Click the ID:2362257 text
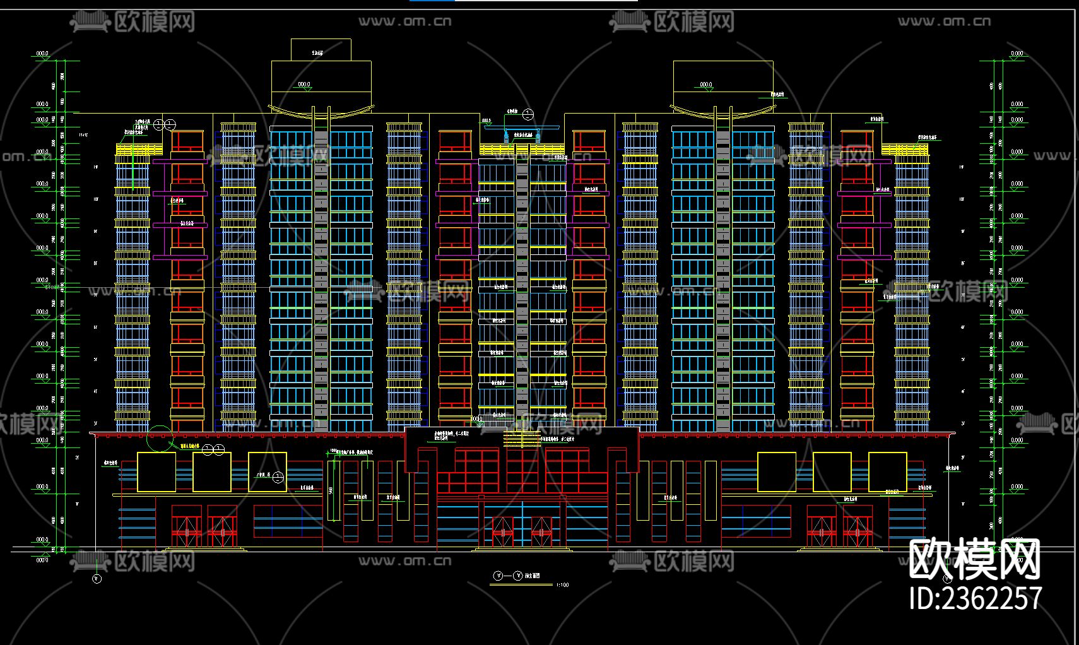click(975, 598)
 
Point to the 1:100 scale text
click(562, 585)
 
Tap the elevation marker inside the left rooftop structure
click(304, 85)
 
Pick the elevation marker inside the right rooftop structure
click(705, 85)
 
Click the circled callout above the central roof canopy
click(528, 114)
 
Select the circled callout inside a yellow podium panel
click(278, 477)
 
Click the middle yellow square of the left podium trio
click(211, 472)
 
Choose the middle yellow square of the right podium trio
click(832, 472)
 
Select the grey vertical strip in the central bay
click(522, 284)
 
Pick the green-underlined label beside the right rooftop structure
click(780, 94)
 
